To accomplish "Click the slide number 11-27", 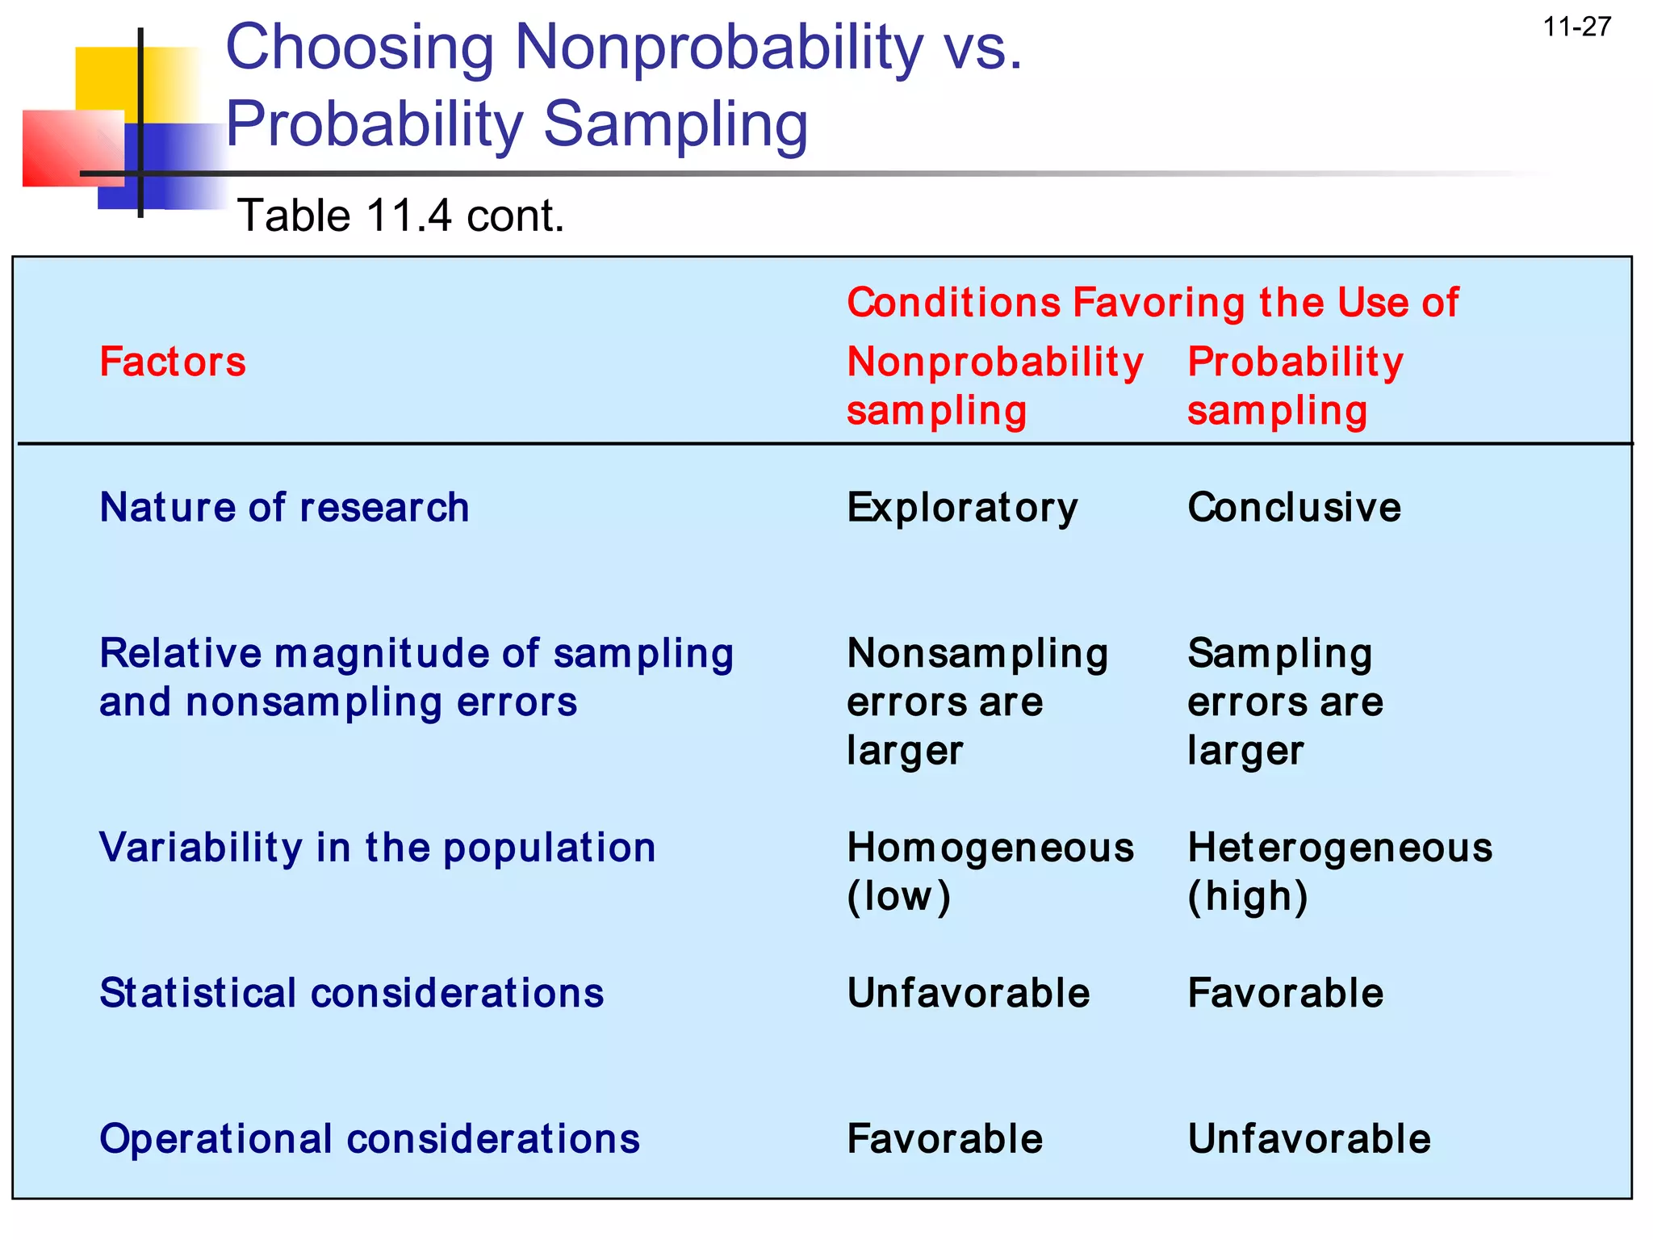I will (x=1577, y=27).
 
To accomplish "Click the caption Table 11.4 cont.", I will (x=401, y=216).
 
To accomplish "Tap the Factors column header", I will (x=173, y=362).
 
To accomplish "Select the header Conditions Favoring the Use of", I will (x=1153, y=303).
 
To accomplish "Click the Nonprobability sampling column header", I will (x=994, y=386).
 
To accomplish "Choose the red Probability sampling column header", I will (x=1295, y=386).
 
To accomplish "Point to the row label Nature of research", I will (x=284, y=508).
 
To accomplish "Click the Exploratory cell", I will (x=962, y=508).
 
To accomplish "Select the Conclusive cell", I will (x=1294, y=508).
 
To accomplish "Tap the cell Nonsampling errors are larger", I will (x=977, y=702).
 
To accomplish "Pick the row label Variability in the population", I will (x=377, y=848).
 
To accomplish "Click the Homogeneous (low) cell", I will (x=990, y=872).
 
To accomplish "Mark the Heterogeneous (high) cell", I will (x=1339, y=872).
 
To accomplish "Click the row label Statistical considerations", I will (x=351, y=993).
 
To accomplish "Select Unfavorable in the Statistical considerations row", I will (x=968, y=993).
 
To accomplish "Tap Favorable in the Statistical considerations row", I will (x=1285, y=993).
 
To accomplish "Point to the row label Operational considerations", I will (x=369, y=1139).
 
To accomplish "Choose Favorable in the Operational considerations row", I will (x=944, y=1139).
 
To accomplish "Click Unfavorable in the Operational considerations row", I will (x=1308, y=1139).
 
